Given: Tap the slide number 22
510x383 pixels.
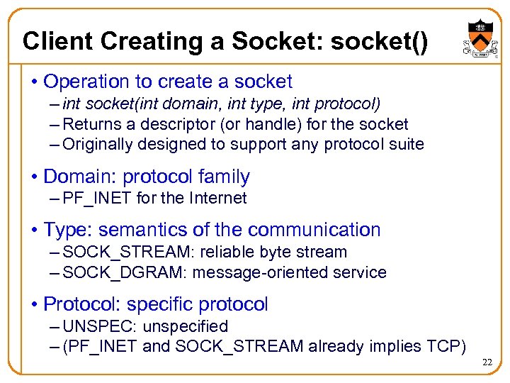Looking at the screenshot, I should click(487, 362).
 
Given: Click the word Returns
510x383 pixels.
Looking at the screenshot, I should click(90, 124).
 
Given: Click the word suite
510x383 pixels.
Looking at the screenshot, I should click(404, 145).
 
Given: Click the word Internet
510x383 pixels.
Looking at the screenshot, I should click(218, 199).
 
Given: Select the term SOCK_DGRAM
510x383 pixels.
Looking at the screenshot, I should click(125, 272).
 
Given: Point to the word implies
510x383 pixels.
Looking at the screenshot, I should click(399, 347).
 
